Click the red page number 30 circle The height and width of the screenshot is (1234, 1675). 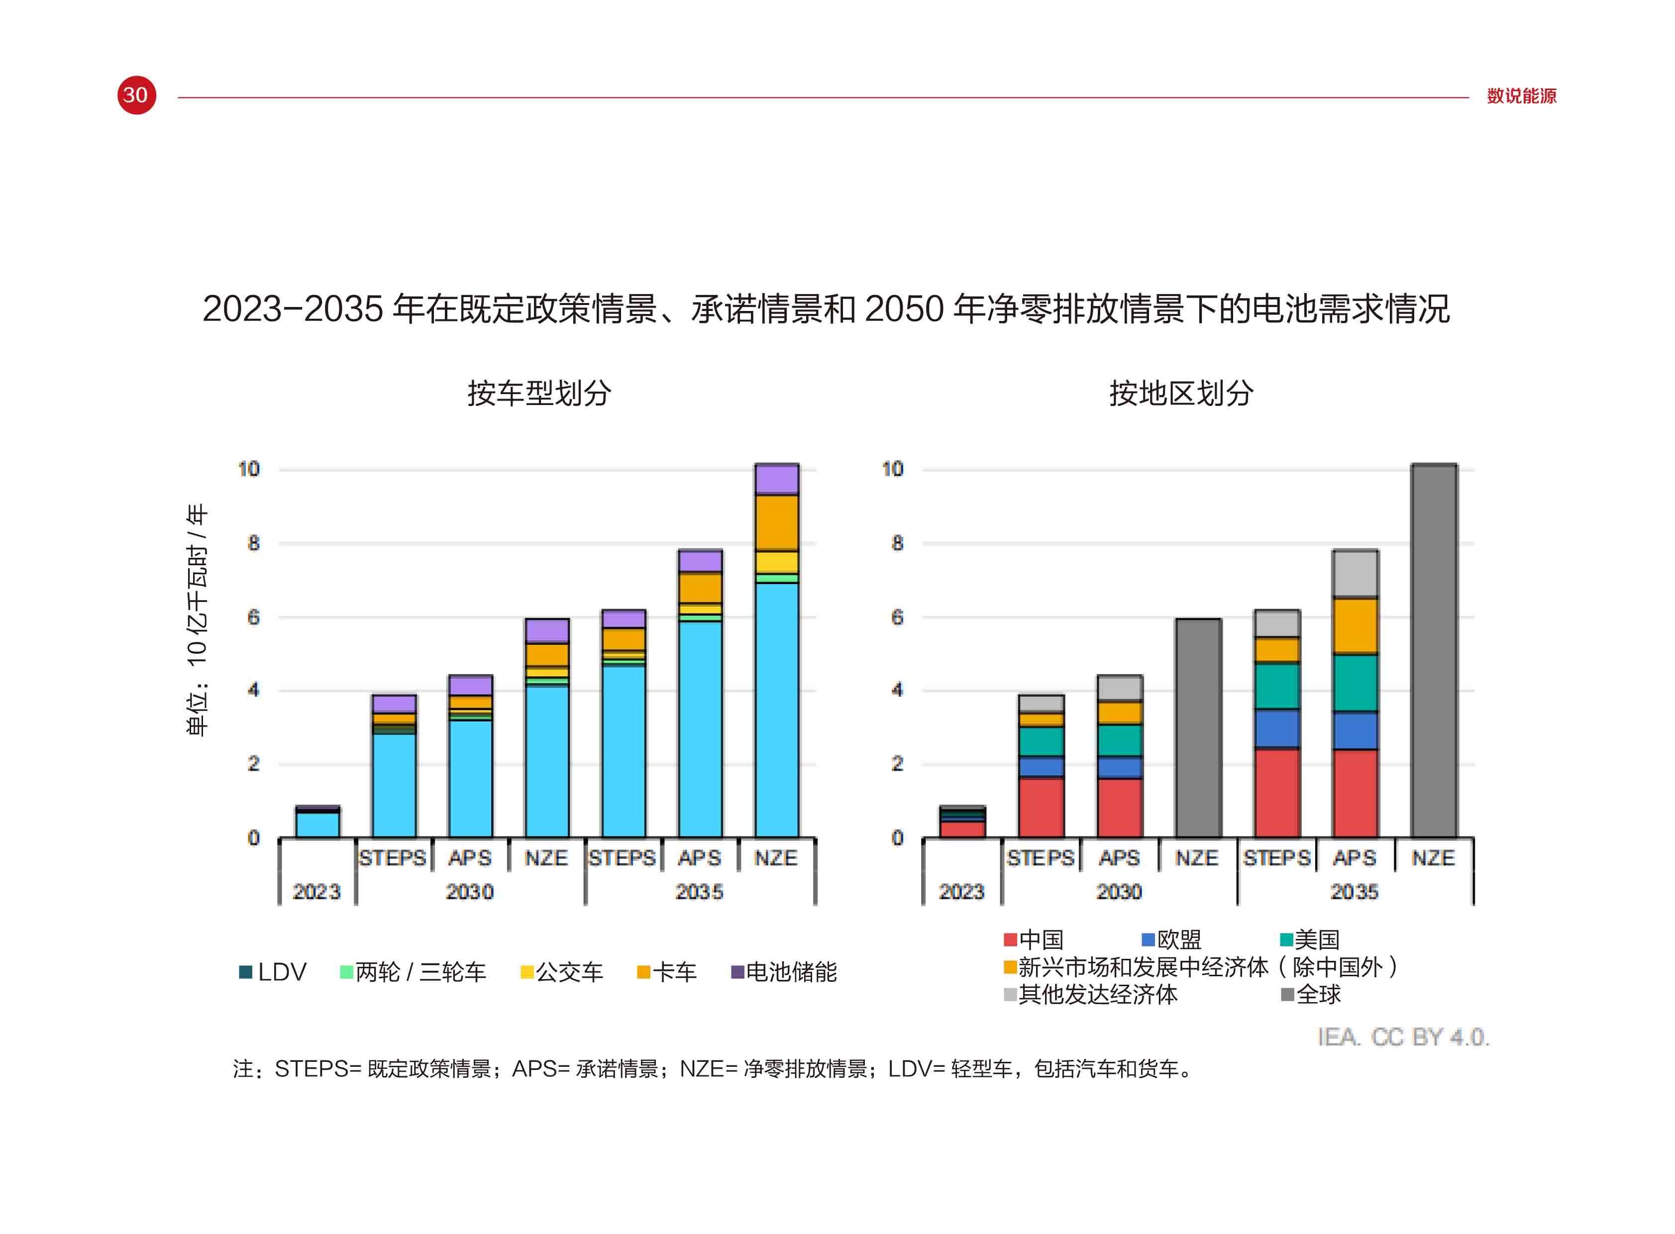(x=137, y=95)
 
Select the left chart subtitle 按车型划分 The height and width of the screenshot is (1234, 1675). (x=538, y=393)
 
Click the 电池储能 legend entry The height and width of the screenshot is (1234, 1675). (x=784, y=972)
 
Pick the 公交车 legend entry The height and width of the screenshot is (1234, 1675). (x=562, y=972)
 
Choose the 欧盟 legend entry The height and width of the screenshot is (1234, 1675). (x=1171, y=939)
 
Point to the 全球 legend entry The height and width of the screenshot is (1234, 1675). (x=1311, y=994)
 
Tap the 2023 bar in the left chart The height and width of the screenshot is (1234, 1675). (x=317, y=822)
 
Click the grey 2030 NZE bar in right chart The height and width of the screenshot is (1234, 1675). (x=1198, y=728)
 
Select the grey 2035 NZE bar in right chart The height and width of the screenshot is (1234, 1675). (x=1433, y=650)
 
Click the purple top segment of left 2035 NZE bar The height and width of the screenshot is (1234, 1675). (x=776, y=479)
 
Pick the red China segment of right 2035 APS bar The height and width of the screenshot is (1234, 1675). (x=1355, y=793)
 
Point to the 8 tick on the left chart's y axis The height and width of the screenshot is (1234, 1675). (x=254, y=543)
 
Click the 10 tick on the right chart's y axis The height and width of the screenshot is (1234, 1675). (x=892, y=469)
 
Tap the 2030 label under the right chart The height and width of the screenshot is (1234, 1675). (x=1119, y=891)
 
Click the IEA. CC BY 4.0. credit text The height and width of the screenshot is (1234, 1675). (x=1402, y=1037)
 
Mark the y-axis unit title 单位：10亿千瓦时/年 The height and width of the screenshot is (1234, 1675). (x=197, y=620)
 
